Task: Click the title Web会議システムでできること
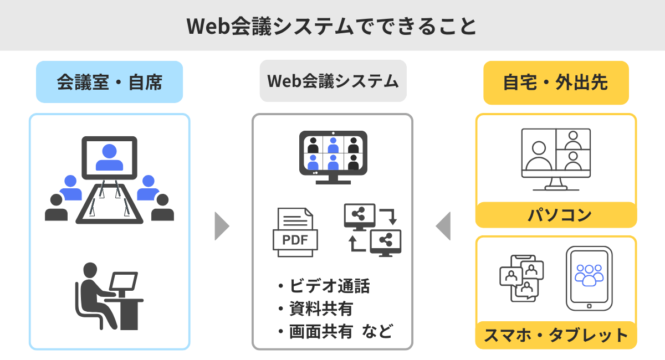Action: [x=332, y=26]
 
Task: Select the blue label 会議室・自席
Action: [x=109, y=83]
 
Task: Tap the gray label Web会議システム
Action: [x=333, y=81]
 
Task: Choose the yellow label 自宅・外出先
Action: [x=556, y=83]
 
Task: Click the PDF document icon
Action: [x=295, y=232]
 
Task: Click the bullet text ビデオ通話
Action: [x=329, y=286]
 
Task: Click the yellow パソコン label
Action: [x=556, y=215]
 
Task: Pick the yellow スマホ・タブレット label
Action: [x=556, y=335]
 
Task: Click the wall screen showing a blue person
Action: [x=109, y=158]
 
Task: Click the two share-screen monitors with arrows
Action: [x=372, y=228]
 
